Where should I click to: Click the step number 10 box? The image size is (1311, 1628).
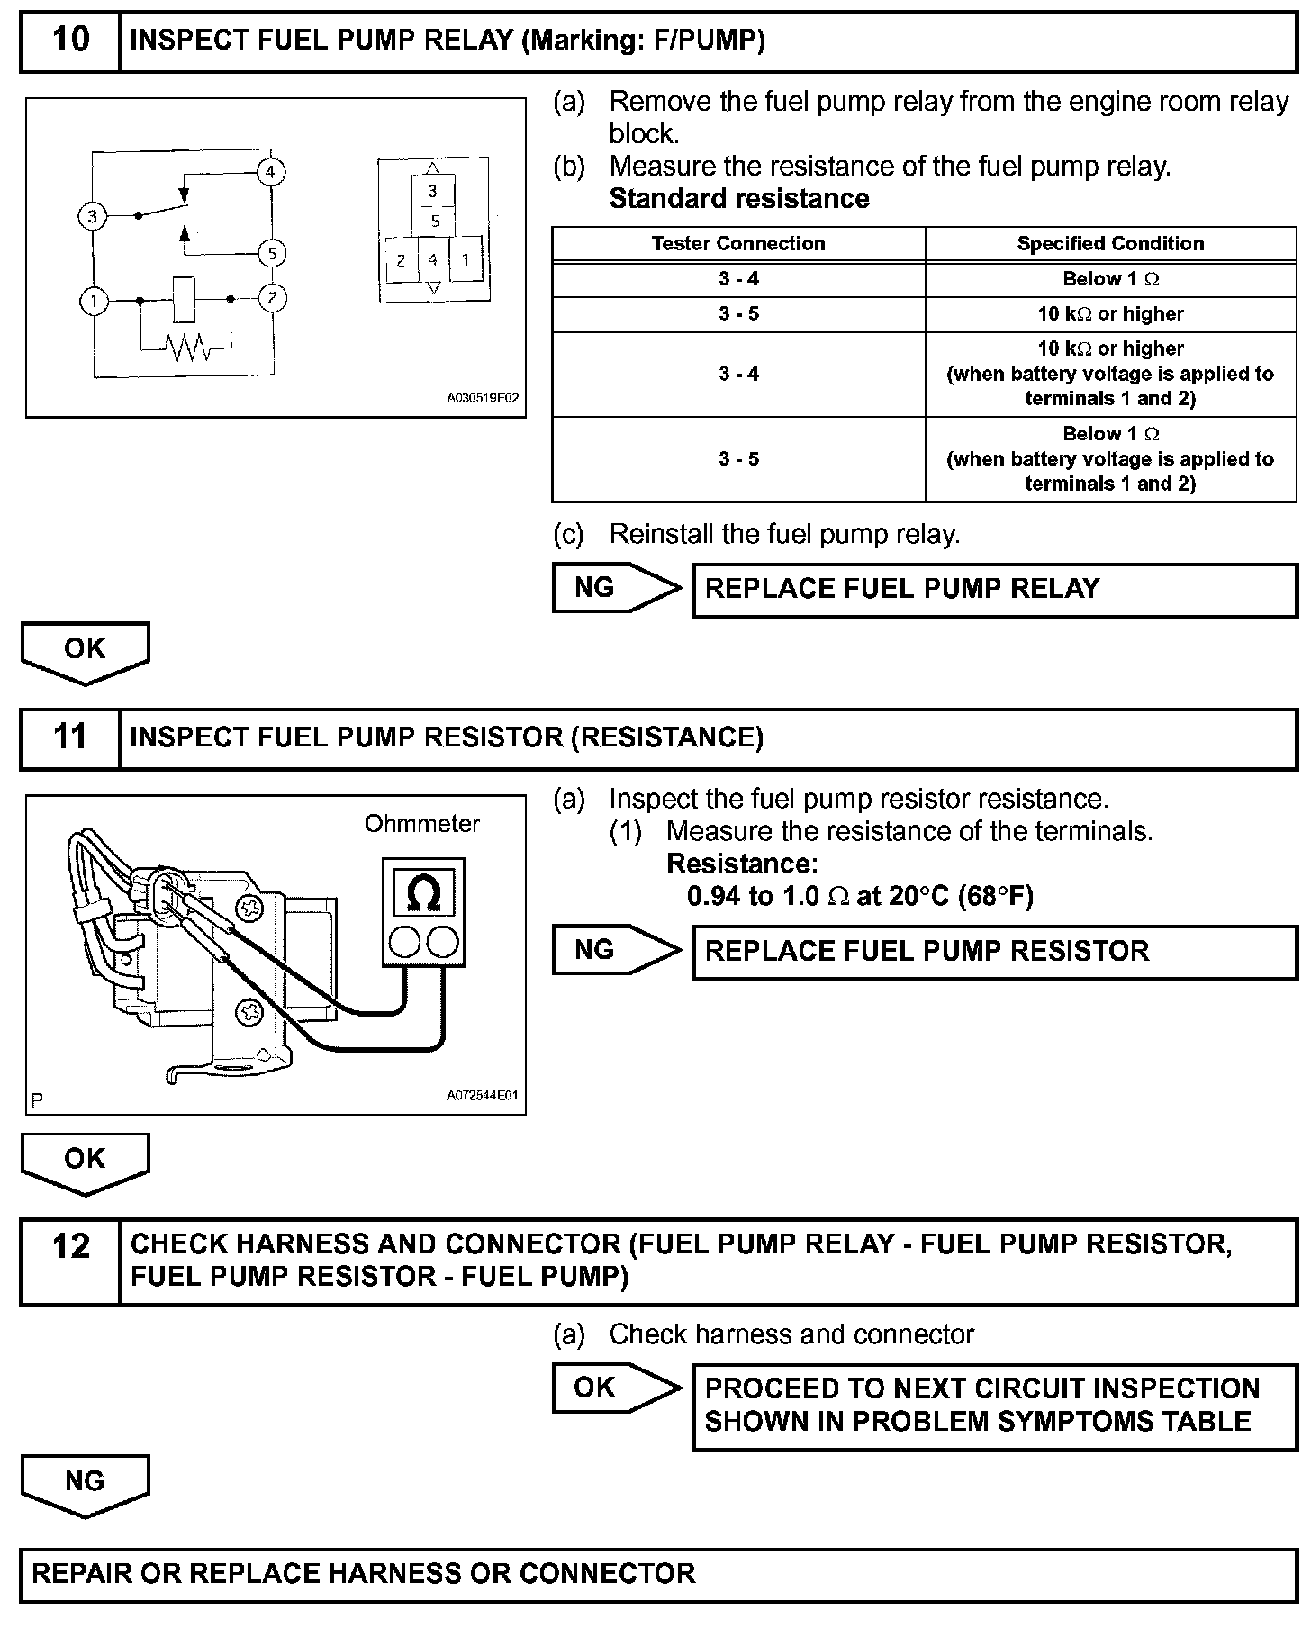(70, 41)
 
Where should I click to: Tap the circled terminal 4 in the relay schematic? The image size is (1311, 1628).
(270, 171)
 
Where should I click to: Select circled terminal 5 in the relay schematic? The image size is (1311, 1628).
(272, 253)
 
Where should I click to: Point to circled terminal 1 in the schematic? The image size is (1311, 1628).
(94, 300)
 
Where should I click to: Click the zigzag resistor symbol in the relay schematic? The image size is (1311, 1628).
(187, 347)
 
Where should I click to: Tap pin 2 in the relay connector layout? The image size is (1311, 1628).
(401, 260)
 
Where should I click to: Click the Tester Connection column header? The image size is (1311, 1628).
(738, 243)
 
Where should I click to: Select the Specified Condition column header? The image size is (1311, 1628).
(1110, 243)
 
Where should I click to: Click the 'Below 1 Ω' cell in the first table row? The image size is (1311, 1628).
(1110, 279)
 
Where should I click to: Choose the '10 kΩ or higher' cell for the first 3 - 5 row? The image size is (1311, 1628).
(1110, 314)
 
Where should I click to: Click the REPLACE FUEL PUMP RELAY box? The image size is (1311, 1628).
(994, 590)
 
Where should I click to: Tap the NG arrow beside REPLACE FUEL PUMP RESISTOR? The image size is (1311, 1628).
(617, 950)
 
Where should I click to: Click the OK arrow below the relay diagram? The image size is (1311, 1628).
(85, 651)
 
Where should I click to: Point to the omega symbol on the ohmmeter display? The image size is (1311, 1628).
(423, 893)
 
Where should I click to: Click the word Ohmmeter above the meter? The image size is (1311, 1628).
(421, 823)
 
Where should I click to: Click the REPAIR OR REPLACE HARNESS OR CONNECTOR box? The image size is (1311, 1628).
(657, 1573)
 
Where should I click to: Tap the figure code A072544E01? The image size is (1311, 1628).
(483, 1096)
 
